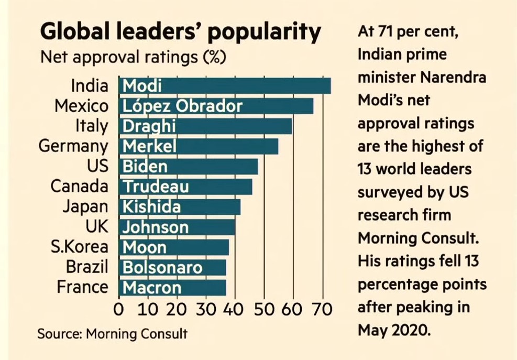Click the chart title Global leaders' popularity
(x=180, y=32)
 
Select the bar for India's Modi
(x=225, y=85)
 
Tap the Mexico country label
(x=82, y=106)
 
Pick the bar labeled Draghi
(x=205, y=126)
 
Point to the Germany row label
(x=73, y=146)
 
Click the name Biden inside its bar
(x=145, y=167)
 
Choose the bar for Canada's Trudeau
(x=186, y=187)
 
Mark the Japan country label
(x=85, y=206)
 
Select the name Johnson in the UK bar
(x=155, y=227)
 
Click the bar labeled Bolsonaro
(x=173, y=267)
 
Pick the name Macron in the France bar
(x=151, y=288)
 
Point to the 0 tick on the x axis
(x=119, y=309)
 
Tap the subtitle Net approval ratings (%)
(x=133, y=57)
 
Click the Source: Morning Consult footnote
(x=112, y=334)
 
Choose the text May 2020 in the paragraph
(x=393, y=330)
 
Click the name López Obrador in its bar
(x=182, y=106)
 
